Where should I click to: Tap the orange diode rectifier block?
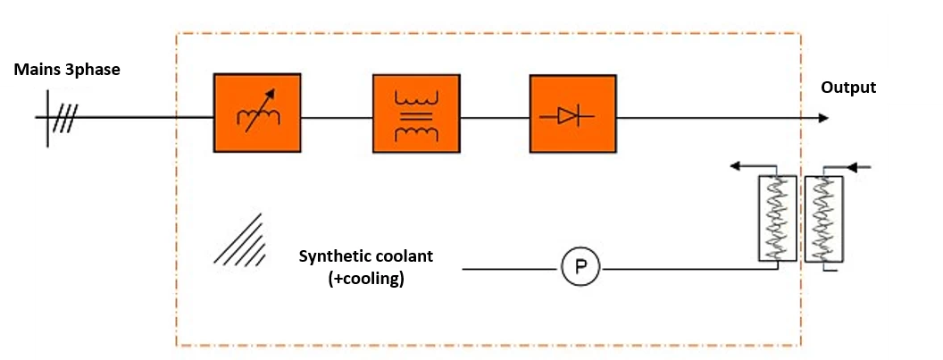[572, 114]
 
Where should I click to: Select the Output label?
[848, 88]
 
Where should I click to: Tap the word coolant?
[404, 256]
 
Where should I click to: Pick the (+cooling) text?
[366, 278]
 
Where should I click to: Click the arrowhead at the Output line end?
[822, 118]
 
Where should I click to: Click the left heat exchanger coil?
[777, 219]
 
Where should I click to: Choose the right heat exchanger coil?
[822, 219]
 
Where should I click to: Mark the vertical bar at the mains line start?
[47, 118]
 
